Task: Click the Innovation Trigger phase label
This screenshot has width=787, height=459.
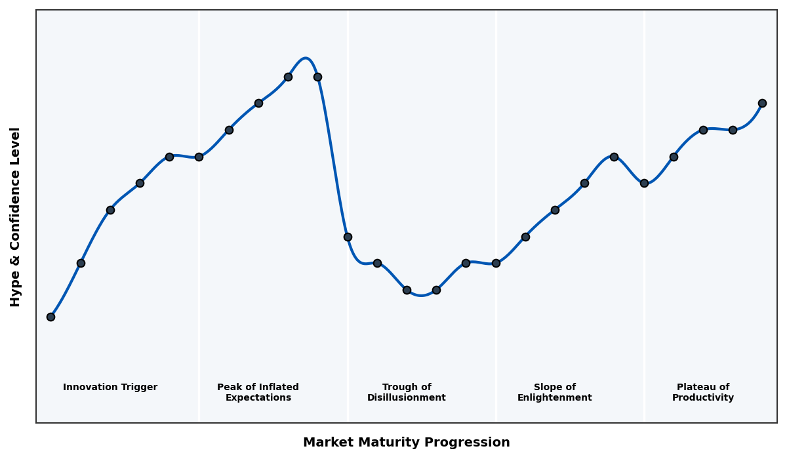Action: (110, 388)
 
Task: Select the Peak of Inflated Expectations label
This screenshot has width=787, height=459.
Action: (258, 392)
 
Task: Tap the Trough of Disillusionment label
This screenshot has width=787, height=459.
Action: (407, 392)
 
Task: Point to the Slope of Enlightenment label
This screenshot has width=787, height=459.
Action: (554, 392)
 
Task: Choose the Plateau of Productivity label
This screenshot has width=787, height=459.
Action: (703, 392)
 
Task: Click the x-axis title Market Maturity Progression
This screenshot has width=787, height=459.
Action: (406, 443)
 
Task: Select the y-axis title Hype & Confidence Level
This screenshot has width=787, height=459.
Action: (16, 216)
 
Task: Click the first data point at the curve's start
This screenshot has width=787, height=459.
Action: (50, 317)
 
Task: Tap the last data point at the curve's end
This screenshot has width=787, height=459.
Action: (762, 103)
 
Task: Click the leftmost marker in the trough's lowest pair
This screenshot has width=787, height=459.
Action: (407, 290)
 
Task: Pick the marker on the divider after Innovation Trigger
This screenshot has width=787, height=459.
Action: (199, 157)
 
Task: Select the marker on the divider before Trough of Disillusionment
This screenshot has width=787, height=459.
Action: (348, 237)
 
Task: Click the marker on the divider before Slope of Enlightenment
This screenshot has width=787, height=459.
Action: (496, 263)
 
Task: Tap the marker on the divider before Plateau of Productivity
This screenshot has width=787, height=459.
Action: (644, 183)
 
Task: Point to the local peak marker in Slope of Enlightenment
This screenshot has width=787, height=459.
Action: (614, 157)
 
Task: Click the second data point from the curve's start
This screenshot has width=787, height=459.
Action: (81, 263)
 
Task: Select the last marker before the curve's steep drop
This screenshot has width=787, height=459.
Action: (317, 77)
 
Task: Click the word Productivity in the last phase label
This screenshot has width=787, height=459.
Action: (703, 398)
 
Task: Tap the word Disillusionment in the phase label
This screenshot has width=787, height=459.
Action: (407, 398)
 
